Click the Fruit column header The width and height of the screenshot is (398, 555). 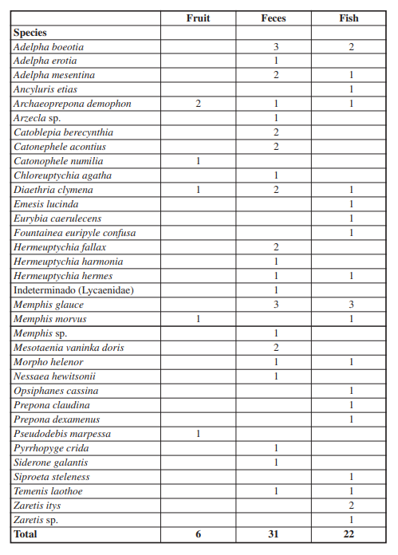tap(198, 18)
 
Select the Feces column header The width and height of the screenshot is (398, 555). tap(274, 18)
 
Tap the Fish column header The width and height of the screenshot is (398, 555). tap(349, 18)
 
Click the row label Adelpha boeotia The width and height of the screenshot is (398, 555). tap(49, 47)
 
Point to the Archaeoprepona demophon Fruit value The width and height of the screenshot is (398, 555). tap(198, 104)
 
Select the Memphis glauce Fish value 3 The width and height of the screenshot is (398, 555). tap(350, 305)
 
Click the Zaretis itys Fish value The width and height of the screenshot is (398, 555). tap(350, 506)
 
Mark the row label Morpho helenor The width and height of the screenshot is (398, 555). tap(49, 363)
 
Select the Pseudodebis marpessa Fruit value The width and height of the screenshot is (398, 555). tap(198, 435)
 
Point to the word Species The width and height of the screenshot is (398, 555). tap(30, 33)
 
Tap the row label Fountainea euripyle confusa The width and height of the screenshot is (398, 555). tap(75, 234)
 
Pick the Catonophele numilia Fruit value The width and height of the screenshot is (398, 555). tap(198, 162)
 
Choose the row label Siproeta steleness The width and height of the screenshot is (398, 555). tap(52, 478)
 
